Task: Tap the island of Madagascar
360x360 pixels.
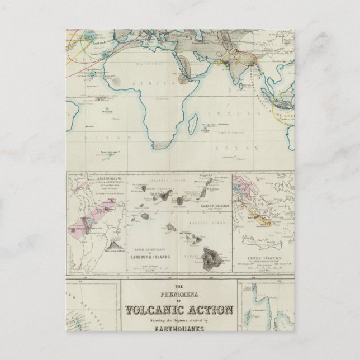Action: tap(193, 121)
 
